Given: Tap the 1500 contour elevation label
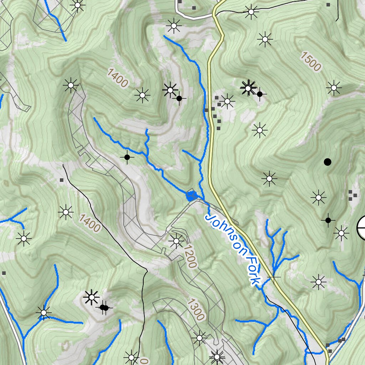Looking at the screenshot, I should coord(310,61).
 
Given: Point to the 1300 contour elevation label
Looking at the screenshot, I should coord(196,310).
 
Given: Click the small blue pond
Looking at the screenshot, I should coord(191,195).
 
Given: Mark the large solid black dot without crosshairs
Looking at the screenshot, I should coord(327,162).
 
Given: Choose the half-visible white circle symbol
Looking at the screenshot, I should coord(361,228).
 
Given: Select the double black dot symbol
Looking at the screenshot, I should coord(104,307).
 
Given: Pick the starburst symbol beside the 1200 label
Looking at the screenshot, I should coord(176,241).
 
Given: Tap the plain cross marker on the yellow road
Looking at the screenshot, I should coord(273,277).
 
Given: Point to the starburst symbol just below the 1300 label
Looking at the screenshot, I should coord(199,337).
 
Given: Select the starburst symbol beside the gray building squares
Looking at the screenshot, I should coord(227,102).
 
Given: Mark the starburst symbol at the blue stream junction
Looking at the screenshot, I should coord(43,313).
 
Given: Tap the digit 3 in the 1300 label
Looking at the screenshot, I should coord(194,307).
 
